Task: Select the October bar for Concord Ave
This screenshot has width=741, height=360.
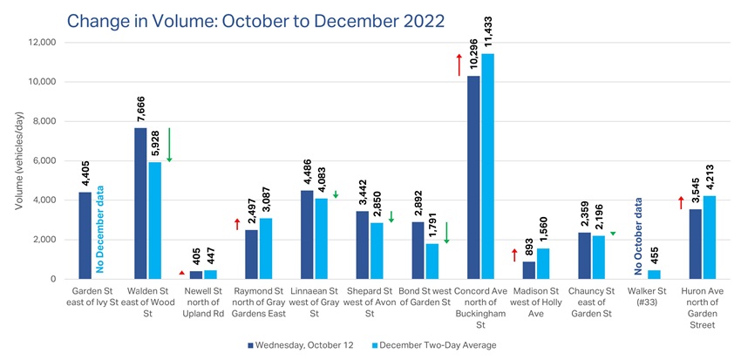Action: [x=474, y=178]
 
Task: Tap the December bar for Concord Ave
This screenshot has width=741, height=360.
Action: [x=488, y=166]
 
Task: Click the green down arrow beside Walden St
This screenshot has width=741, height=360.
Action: [x=169, y=145]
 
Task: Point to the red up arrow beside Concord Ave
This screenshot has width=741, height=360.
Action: [x=459, y=64]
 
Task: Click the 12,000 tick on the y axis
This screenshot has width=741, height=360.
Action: [x=42, y=42]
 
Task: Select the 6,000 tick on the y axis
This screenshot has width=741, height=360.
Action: [x=44, y=160]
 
